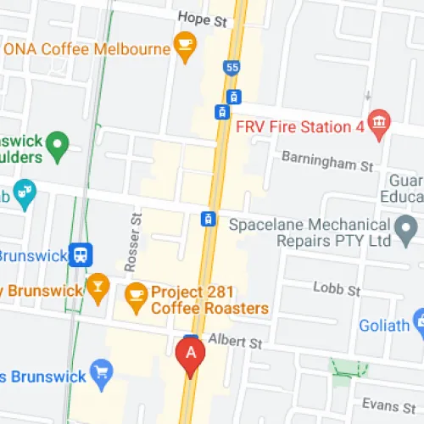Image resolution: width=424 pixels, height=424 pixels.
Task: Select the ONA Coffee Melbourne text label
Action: (x=87, y=48)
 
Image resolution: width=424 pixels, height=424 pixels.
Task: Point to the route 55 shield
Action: (x=232, y=67)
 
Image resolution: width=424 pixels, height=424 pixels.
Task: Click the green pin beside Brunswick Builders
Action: (x=57, y=146)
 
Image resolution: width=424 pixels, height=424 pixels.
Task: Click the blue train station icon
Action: (x=81, y=254)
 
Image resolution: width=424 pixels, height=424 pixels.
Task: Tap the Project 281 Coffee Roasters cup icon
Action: (x=135, y=295)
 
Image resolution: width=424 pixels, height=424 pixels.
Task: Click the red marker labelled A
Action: (x=191, y=354)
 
